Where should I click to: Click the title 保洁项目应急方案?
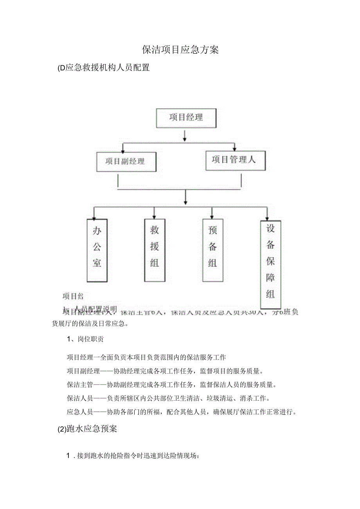[x=180, y=50]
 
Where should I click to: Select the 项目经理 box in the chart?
[x=186, y=118]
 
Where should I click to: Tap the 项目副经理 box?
[x=126, y=161]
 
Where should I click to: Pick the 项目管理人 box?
[x=235, y=160]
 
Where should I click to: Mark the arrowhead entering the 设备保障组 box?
[x=267, y=218]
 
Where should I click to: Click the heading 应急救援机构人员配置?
[x=107, y=68]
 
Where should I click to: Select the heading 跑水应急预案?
[x=92, y=429]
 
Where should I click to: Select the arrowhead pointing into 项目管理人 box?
[x=235, y=149]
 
